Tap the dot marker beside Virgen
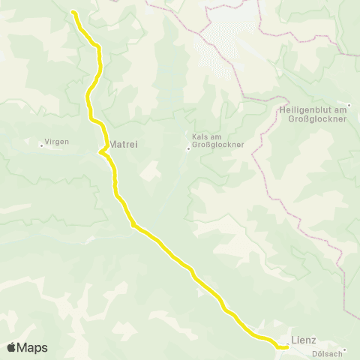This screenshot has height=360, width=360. pyautogui.click(x=42, y=145)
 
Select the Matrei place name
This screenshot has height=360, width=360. pyautogui.click(x=125, y=144)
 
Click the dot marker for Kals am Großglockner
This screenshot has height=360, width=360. pyautogui.click(x=188, y=148)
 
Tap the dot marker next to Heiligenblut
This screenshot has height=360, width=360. pyautogui.click(x=349, y=104)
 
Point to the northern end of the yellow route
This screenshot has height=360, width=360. pyautogui.click(x=73, y=12)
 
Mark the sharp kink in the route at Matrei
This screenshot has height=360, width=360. pyautogui.click(x=100, y=152)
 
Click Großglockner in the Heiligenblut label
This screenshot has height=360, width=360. pyautogui.click(x=310, y=118)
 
